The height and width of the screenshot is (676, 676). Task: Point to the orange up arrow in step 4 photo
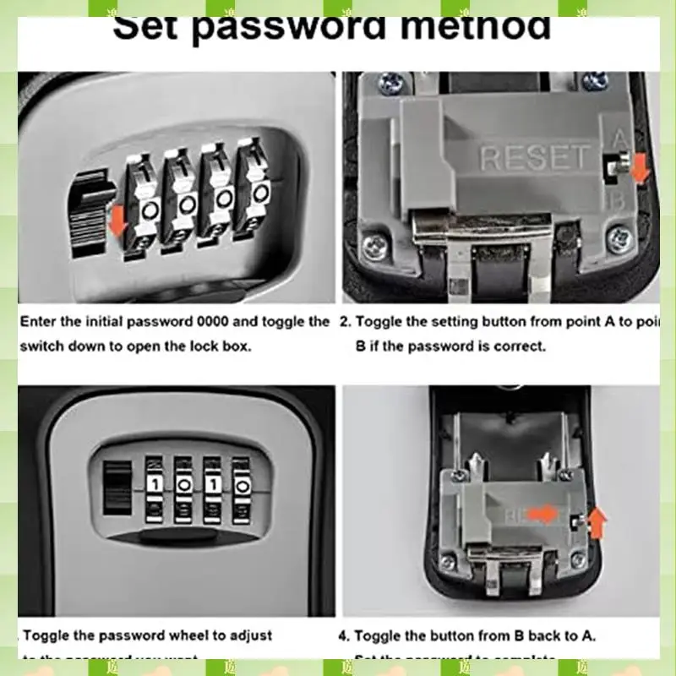pyautogui.click(x=597, y=525)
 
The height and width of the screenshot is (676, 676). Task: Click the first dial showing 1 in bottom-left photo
pyautogui.click(x=155, y=485)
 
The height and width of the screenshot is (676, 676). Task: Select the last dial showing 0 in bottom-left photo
pyautogui.click(x=243, y=486)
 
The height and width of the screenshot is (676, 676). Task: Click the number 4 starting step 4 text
pyautogui.click(x=344, y=635)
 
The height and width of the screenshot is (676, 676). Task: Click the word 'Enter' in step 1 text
pyautogui.click(x=39, y=322)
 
